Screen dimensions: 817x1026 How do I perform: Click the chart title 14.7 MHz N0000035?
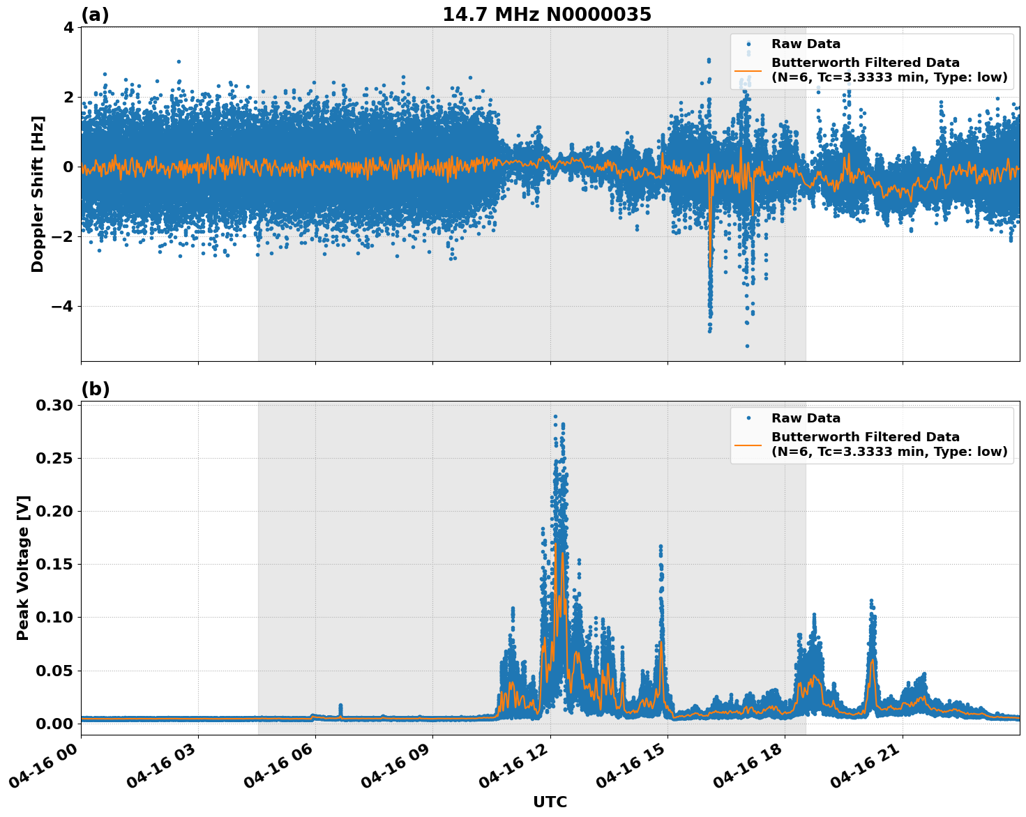(x=546, y=15)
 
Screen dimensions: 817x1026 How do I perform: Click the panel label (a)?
(x=95, y=15)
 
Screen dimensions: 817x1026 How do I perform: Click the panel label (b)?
(x=95, y=389)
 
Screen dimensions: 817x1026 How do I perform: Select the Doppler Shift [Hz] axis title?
(x=38, y=194)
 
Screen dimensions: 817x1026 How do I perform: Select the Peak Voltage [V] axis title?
(x=23, y=568)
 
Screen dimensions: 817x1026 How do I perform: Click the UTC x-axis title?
(x=550, y=802)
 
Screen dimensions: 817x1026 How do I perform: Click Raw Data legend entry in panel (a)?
(x=806, y=44)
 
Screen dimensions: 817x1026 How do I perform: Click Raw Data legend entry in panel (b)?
(x=806, y=418)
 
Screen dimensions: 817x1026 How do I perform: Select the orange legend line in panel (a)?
(x=748, y=70)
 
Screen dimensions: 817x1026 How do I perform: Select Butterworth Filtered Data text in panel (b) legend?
(x=865, y=437)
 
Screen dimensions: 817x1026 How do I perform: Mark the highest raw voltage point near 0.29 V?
(x=555, y=416)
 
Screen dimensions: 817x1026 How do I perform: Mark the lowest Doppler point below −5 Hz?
(x=747, y=346)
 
